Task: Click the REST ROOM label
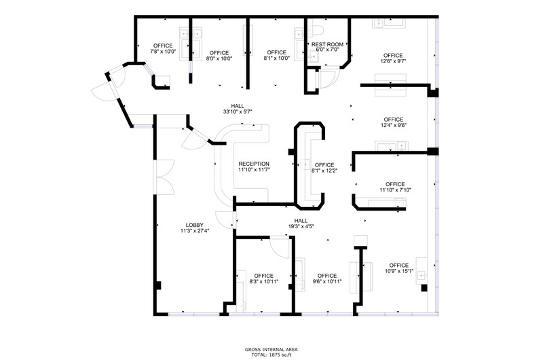[x=327, y=44]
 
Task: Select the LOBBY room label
[x=195, y=225]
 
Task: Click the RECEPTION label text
[x=254, y=164]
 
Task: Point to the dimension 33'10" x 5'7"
[x=238, y=111]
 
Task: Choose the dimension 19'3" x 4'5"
[x=301, y=227]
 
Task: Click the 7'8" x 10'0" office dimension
[x=163, y=51]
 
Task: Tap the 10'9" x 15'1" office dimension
[x=399, y=271]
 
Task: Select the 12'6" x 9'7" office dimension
[x=393, y=61]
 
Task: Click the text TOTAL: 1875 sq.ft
[x=271, y=355]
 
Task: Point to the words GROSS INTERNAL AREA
[x=271, y=350]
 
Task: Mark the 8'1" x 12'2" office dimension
[x=324, y=170]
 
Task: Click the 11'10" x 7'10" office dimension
[x=395, y=190]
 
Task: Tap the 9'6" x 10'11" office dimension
[x=327, y=281]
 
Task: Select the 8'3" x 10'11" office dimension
[x=264, y=281]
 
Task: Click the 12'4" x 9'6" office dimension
[x=394, y=125]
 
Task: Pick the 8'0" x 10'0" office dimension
[x=219, y=58]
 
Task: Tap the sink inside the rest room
[x=314, y=56]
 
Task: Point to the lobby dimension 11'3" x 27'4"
[x=195, y=231]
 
